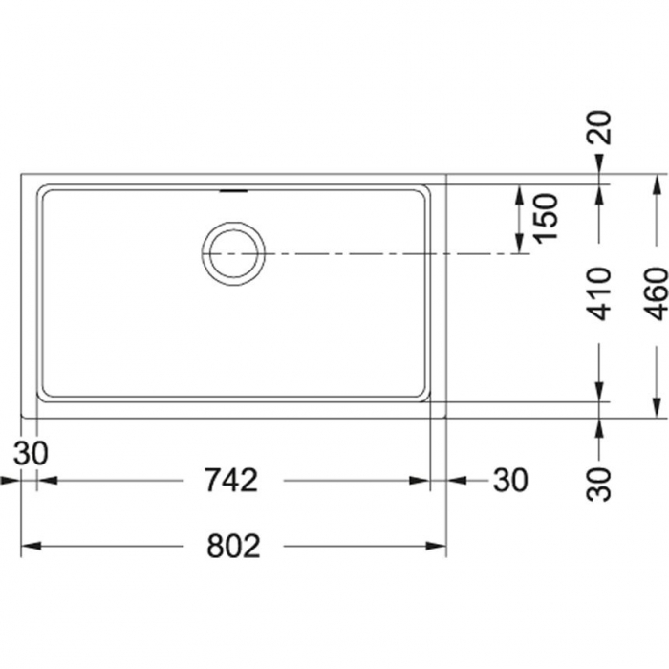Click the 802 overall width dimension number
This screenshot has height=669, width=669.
tap(233, 546)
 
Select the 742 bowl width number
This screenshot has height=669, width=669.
tap(231, 481)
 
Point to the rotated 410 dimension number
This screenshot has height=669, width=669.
tap(599, 294)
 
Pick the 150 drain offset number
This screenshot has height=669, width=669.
tap(547, 219)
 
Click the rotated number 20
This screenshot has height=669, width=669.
tap(599, 127)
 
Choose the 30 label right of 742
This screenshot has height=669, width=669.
tap(510, 481)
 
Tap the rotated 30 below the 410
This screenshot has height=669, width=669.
tap(599, 485)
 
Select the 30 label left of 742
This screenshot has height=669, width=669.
tap(31, 453)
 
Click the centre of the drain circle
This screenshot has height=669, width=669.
tap(233, 254)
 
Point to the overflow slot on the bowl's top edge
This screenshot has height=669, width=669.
tap(233, 191)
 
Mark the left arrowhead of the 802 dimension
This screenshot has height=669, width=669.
tap(32, 546)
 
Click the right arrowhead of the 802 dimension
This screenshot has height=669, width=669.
tap(436, 546)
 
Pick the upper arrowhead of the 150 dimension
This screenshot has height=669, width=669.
tap(519, 195)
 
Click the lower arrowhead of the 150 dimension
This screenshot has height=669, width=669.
tap(519, 244)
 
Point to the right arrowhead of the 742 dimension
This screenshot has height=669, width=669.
tap(419, 481)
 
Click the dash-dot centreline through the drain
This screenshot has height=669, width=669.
tap(366, 254)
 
